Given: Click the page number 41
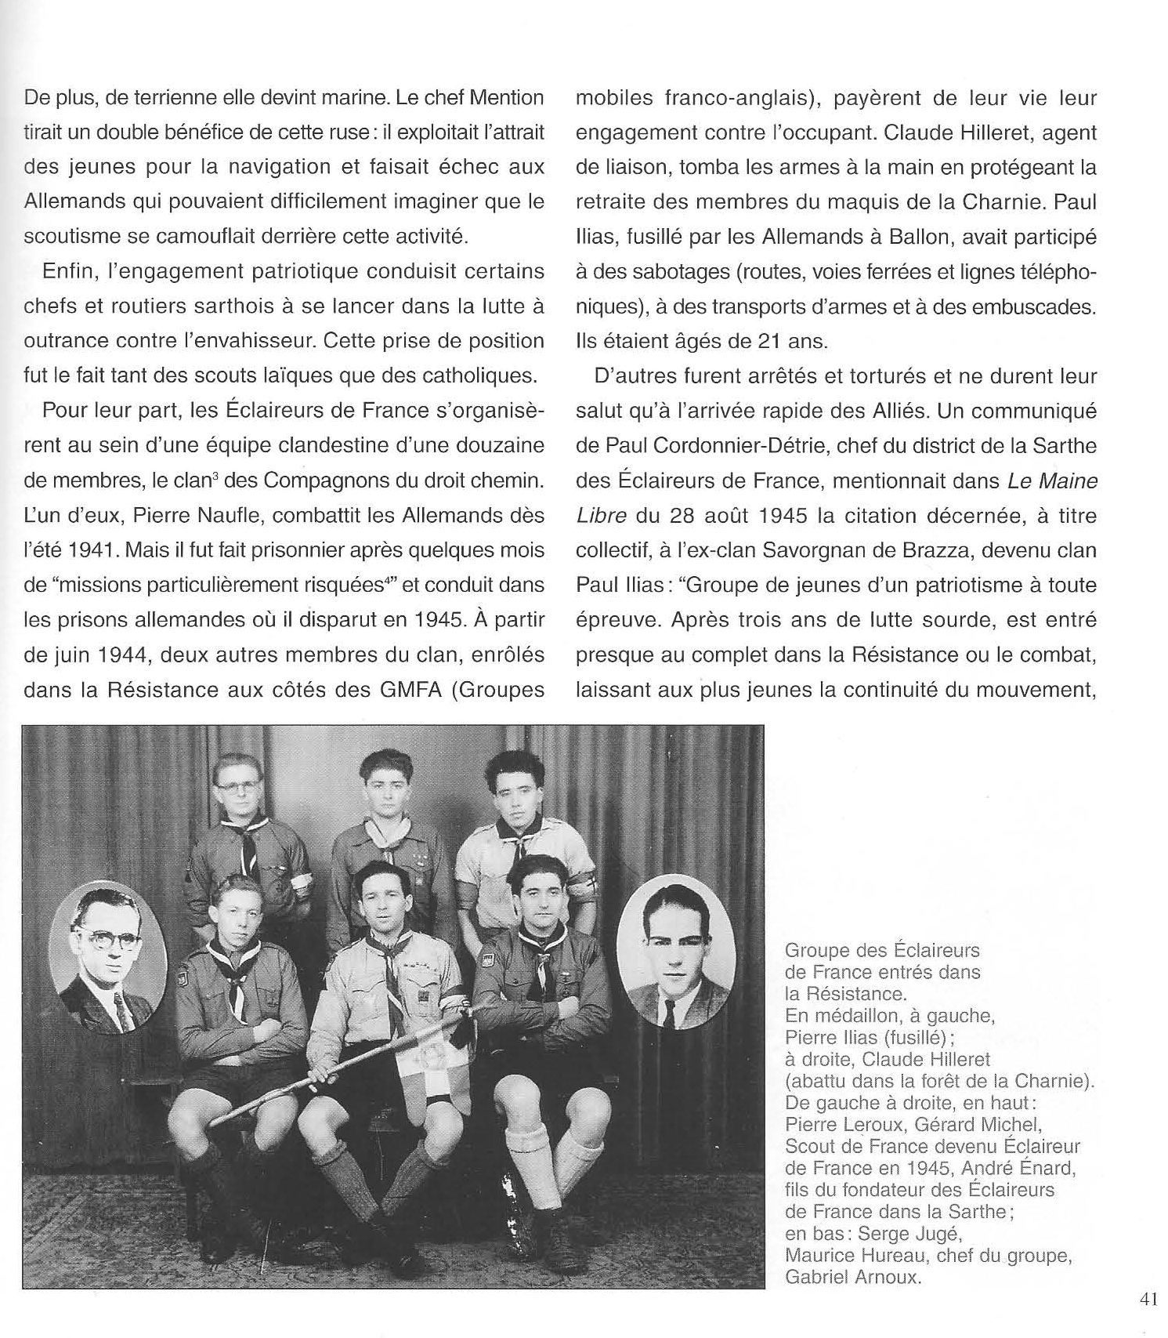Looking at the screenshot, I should [x=1148, y=1299].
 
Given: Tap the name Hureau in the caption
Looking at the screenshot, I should [x=880, y=1255].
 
